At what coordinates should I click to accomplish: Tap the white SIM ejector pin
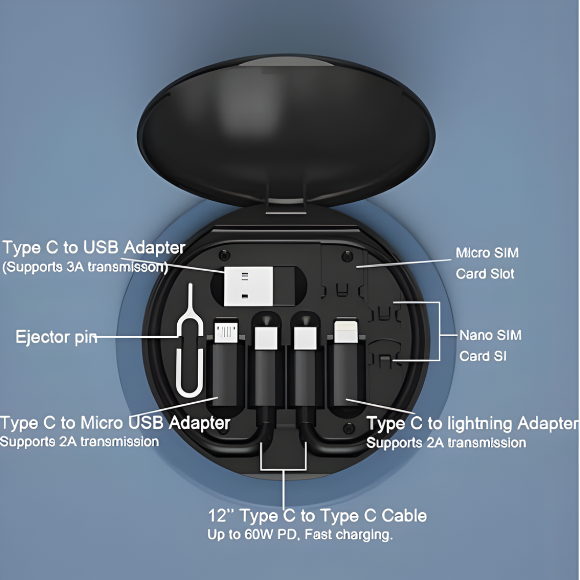[x=190, y=349]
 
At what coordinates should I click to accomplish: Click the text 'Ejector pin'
[x=56, y=337]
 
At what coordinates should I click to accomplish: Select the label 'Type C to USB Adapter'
[x=94, y=248]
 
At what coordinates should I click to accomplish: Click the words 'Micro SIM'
[x=487, y=252]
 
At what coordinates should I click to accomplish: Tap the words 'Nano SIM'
[x=490, y=335]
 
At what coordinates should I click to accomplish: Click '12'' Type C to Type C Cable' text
[x=317, y=516]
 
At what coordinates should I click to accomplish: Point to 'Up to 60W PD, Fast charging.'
[x=300, y=535]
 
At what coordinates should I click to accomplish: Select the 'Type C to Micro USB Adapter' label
[x=115, y=423]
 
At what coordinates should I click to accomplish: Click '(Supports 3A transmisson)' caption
[x=85, y=267]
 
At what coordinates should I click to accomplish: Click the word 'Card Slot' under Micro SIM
[x=485, y=273]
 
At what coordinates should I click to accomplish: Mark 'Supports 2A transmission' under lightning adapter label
[x=446, y=443]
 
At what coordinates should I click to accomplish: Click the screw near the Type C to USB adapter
[x=224, y=253]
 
